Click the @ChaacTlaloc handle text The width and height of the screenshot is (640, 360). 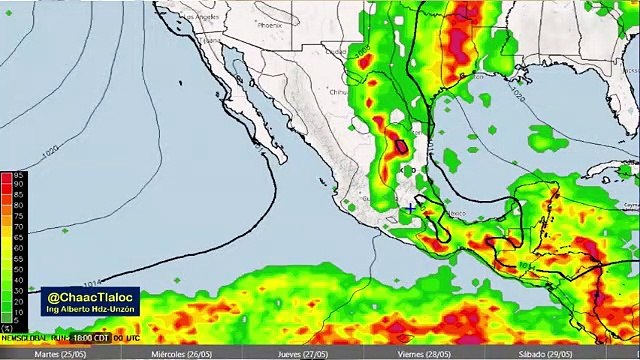click(x=89, y=297)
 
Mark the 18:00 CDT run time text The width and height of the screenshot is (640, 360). click(x=81, y=337)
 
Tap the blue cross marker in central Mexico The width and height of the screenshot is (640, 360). click(x=411, y=208)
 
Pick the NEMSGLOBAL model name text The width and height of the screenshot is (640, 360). click(x=22, y=337)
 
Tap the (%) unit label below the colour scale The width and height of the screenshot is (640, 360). click(x=7, y=328)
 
